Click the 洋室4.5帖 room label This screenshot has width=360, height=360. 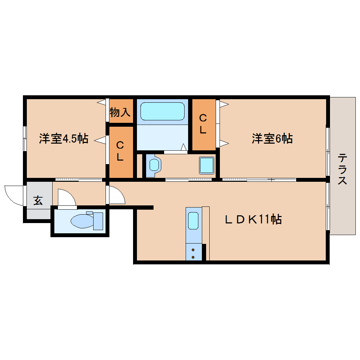click(64, 139)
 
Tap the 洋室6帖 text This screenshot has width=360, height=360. click(272, 139)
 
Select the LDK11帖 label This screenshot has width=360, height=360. click(253, 220)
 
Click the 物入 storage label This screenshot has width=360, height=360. click(120, 112)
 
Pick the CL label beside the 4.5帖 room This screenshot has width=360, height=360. click(120, 151)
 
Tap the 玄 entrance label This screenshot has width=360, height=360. click(38, 200)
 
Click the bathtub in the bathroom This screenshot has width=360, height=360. click(162, 112)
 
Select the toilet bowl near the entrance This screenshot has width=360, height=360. click(83, 221)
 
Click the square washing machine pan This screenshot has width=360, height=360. click(206, 165)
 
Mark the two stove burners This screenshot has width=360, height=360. click(193, 253)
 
